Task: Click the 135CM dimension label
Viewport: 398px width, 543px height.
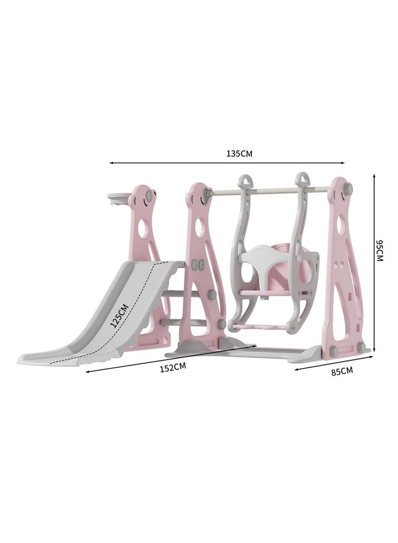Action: pos(239,154)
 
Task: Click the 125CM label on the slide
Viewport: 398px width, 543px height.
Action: pos(119,315)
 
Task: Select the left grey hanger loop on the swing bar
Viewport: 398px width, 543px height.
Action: pos(245,182)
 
